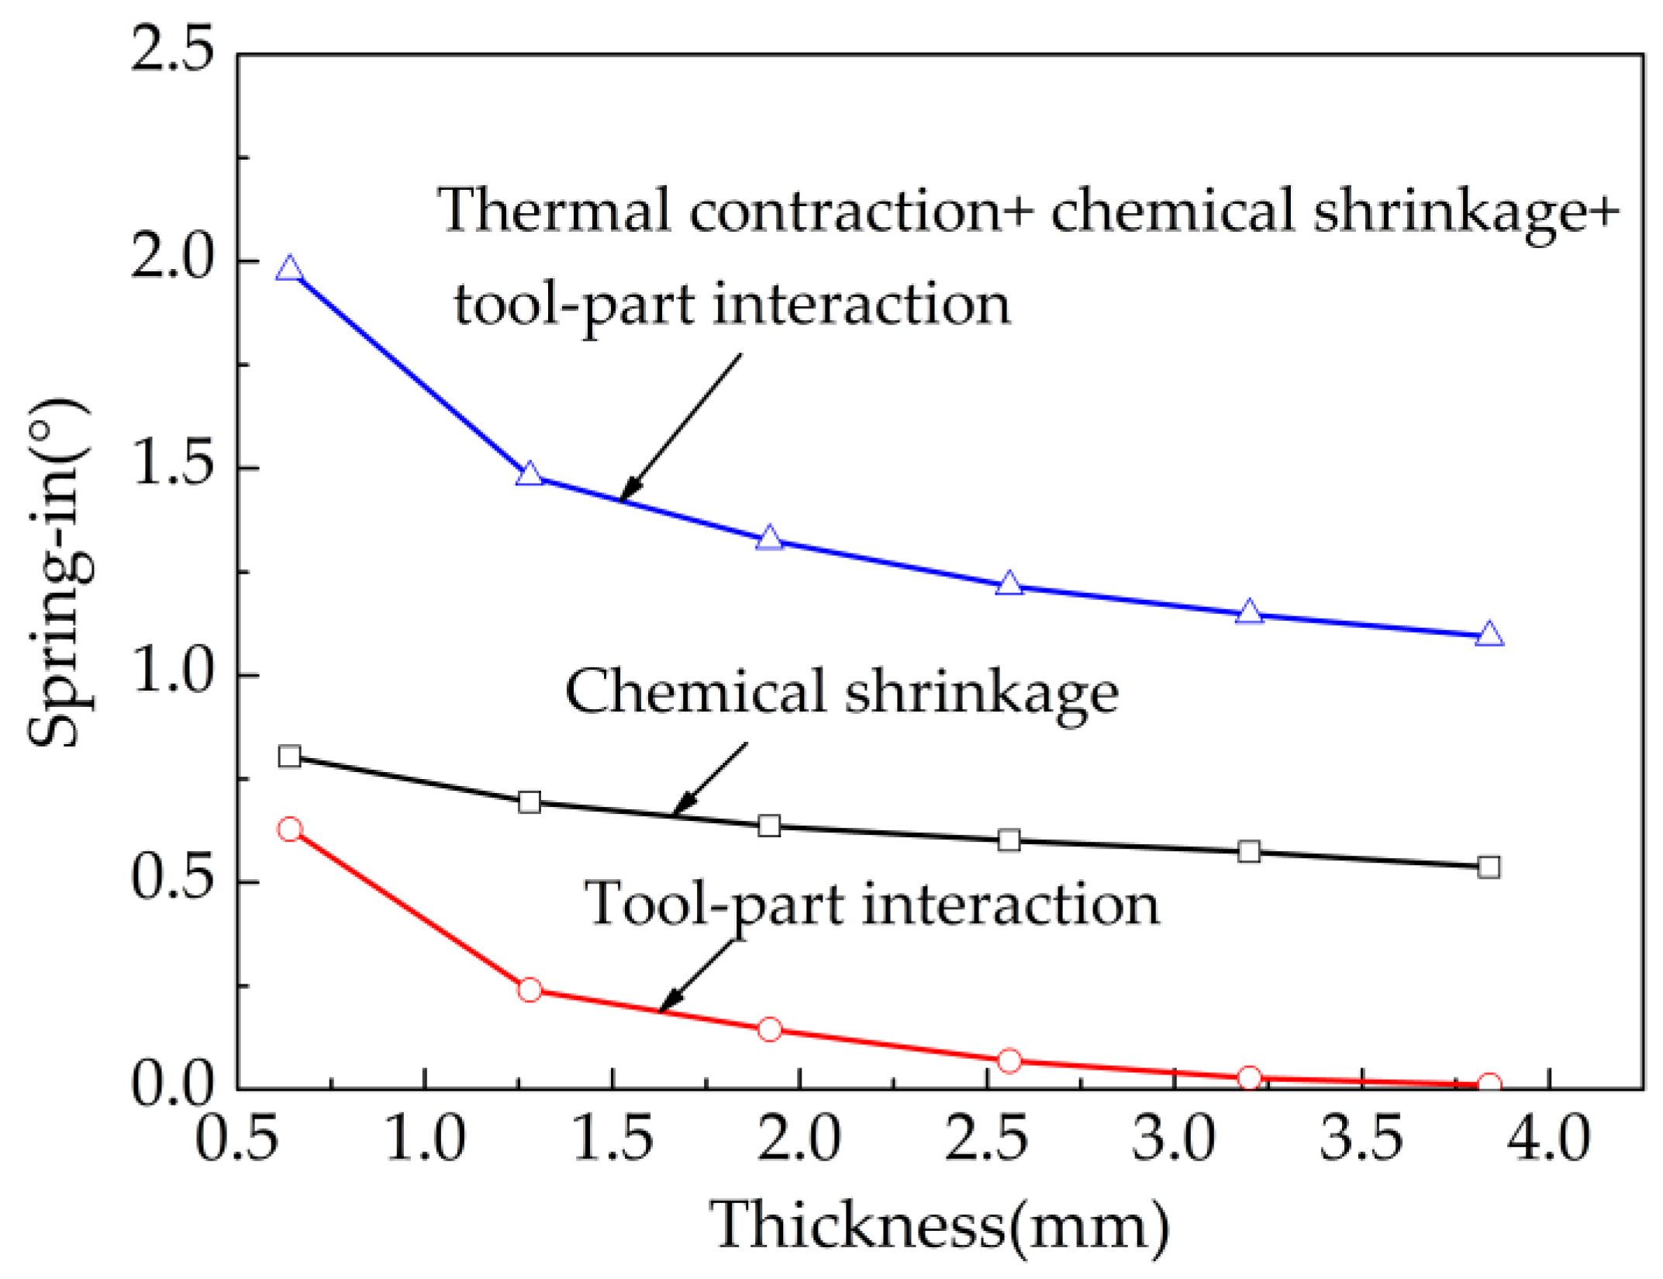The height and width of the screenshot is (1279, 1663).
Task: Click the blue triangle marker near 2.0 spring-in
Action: (289, 269)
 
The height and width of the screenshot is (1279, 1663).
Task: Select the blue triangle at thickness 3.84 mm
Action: (1489, 634)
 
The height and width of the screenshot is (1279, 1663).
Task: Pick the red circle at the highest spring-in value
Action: (289, 829)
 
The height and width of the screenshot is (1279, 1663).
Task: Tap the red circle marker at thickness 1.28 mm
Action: (530, 990)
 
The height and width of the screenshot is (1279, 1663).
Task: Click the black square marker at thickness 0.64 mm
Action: (289, 756)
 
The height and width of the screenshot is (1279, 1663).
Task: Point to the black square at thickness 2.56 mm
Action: (1009, 839)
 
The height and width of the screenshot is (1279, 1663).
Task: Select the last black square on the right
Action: (1489, 867)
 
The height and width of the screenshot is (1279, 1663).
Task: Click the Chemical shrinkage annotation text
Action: (841, 692)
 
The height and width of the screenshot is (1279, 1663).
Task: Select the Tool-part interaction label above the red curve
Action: (872, 905)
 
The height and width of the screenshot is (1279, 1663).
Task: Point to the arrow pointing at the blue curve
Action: (681, 427)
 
